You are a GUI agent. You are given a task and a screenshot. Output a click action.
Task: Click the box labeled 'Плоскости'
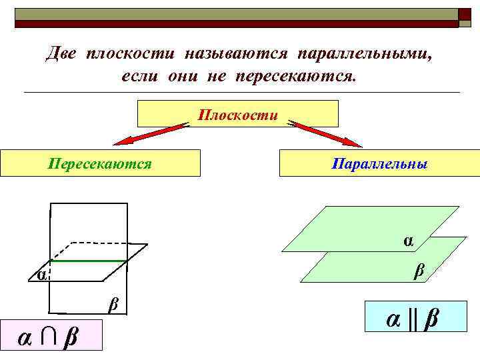[x=237, y=114]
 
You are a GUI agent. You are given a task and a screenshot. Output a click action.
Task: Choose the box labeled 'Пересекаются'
[x=100, y=163]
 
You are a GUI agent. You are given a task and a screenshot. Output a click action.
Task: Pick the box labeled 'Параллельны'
[x=379, y=163]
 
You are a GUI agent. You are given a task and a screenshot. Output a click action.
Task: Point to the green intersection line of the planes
[x=89, y=261]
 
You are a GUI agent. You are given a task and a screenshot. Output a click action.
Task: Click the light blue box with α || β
[x=413, y=317]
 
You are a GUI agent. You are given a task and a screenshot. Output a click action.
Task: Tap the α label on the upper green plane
[x=408, y=240]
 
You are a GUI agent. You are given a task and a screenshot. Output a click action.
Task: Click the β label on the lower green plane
[x=419, y=270]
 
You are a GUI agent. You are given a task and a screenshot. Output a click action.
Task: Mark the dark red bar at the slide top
[x=237, y=23]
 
